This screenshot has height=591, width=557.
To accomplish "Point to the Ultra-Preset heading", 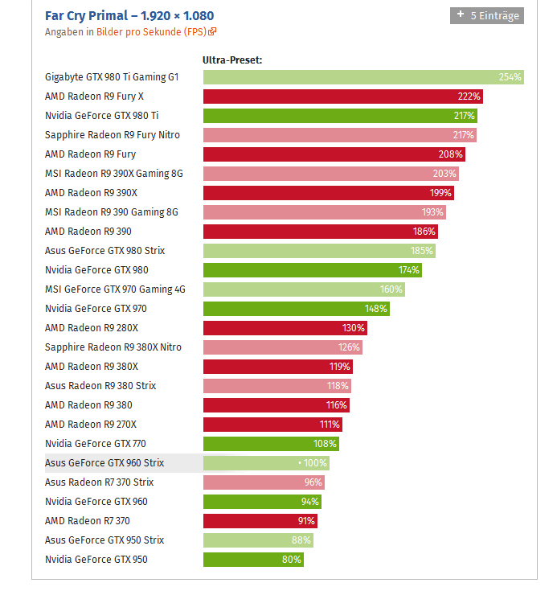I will point(232,60).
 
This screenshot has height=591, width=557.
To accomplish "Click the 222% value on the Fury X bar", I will point(469,96).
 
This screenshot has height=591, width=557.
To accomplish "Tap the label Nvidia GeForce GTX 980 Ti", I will point(101,116).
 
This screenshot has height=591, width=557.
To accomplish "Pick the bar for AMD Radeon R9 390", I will point(313,232).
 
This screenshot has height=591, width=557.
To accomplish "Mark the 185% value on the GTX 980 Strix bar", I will point(422,251).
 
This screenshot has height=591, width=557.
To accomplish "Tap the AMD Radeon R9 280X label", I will point(92,328).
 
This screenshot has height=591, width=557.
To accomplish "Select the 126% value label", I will point(349,347).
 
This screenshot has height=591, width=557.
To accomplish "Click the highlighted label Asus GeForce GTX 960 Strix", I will point(104,463).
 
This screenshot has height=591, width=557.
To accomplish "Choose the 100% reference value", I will point(315,463).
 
